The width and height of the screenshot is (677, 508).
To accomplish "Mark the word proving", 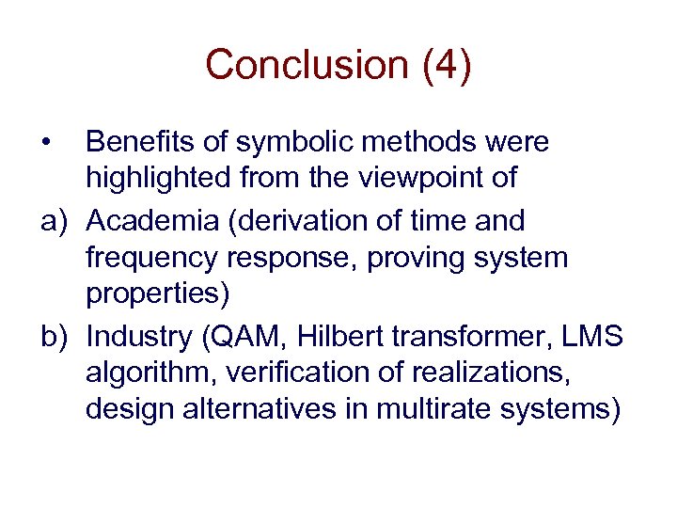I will [x=416, y=259].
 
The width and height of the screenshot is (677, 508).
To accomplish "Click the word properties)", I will [x=157, y=295].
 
